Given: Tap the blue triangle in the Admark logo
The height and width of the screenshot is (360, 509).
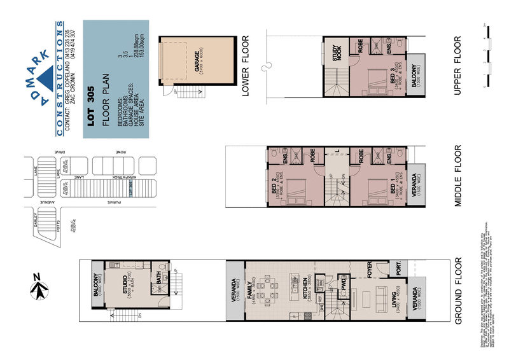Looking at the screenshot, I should [x=47, y=78].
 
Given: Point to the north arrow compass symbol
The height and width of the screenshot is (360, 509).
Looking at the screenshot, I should [x=39, y=289].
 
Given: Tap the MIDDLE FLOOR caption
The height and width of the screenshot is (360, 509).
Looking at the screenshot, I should [x=458, y=176].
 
